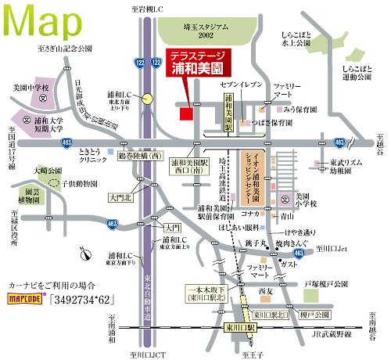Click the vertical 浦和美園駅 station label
click(x=228, y=110)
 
